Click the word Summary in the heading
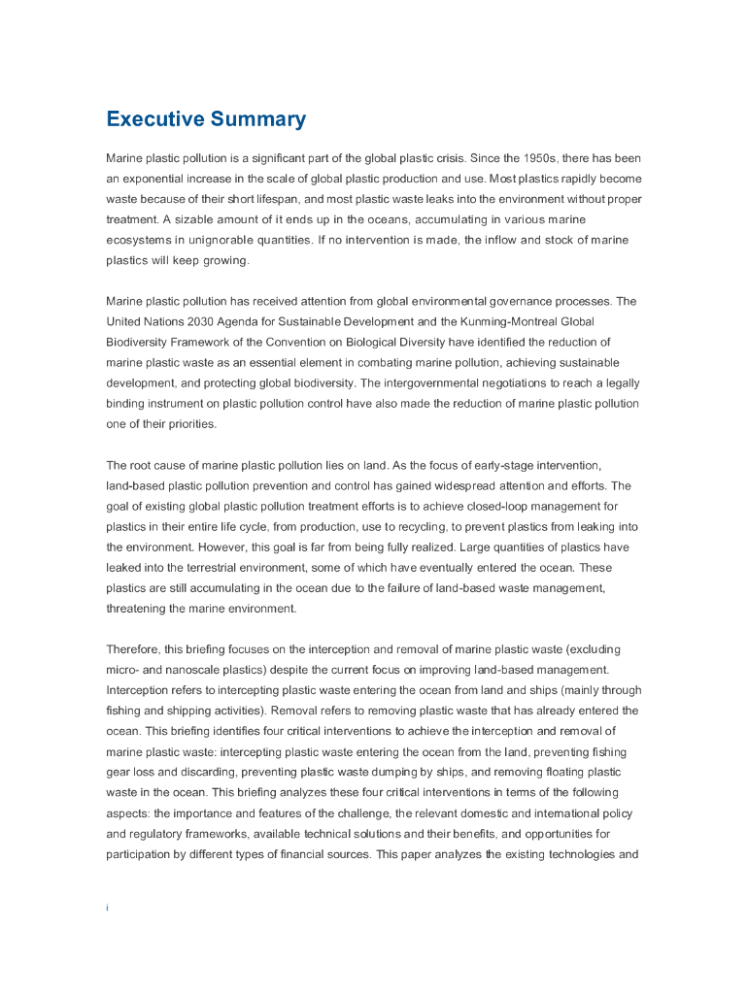tap(257, 119)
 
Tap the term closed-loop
tap(490, 506)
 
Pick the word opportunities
tap(552, 834)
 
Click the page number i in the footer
tap(107, 908)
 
